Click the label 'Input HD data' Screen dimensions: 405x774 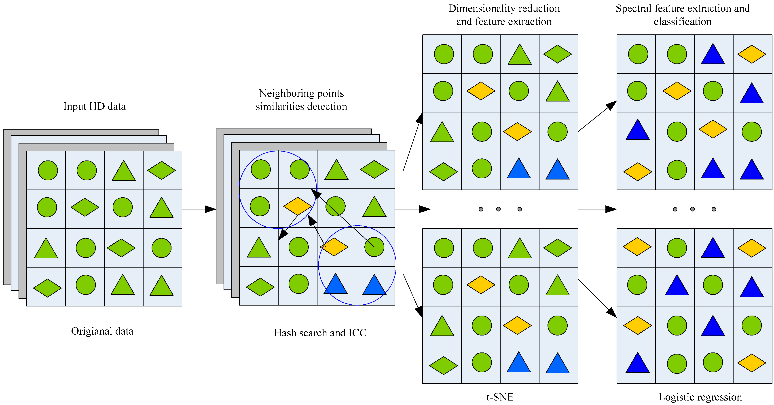coord(94,106)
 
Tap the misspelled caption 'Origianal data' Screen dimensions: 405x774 coord(102,331)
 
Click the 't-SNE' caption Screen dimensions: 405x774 coord(500,397)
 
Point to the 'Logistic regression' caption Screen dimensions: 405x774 coord(700,397)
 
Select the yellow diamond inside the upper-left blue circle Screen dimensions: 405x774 coord(298,206)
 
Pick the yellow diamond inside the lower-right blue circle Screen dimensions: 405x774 coord(334,247)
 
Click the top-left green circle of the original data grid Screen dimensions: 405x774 coord(48,170)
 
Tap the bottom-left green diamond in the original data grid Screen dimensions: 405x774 coord(47,288)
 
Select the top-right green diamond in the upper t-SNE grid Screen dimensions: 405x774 coord(557,54)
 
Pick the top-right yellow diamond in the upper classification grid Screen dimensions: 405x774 coord(751,54)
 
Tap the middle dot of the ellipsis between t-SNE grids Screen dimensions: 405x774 coord(498,209)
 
